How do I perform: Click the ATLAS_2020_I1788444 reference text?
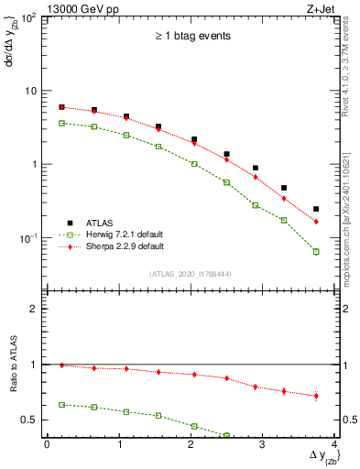pos(190,273)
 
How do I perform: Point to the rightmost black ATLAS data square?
pos(316,209)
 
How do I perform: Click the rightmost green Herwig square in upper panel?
pos(316,251)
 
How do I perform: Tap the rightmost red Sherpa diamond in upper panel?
pos(316,222)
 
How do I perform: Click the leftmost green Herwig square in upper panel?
pos(61,123)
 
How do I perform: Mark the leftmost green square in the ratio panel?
pos(61,404)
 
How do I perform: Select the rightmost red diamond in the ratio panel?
pos(316,396)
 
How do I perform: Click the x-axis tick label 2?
pos(191,445)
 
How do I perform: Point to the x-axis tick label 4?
pos(334,445)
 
